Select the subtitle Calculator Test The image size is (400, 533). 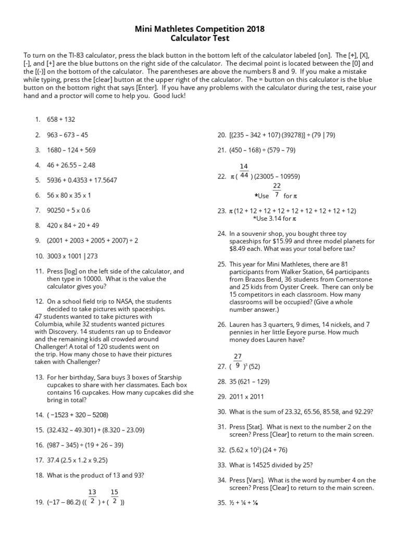tap(199, 39)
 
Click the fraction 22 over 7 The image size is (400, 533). tap(277, 191)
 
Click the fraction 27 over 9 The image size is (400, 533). tap(238, 361)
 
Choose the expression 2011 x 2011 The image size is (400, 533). tap(250, 396)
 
